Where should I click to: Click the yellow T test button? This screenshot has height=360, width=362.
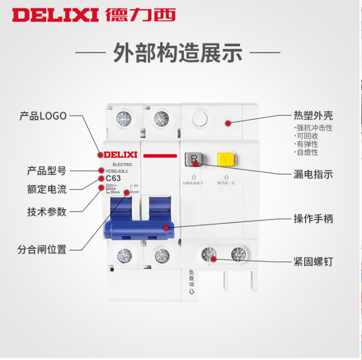(224, 160)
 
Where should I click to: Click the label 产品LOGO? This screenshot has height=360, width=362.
(43, 116)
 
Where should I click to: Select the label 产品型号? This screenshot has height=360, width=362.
(47, 170)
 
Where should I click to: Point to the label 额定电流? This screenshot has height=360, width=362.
(47, 190)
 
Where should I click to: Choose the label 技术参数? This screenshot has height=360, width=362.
(47, 212)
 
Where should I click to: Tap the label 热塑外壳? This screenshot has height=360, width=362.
(313, 116)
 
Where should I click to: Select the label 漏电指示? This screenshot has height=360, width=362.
(313, 174)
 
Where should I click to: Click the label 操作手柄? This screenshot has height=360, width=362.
(313, 219)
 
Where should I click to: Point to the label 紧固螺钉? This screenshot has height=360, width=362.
(313, 261)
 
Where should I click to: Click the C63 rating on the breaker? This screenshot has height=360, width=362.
(113, 178)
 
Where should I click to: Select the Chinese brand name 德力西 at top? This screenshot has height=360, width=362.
(140, 14)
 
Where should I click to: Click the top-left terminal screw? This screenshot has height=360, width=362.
(123, 119)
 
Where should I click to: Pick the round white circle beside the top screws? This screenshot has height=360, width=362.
(200, 119)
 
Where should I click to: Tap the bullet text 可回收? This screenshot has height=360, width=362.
(307, 136)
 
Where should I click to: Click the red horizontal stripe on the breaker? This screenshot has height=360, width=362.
(160, 156)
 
